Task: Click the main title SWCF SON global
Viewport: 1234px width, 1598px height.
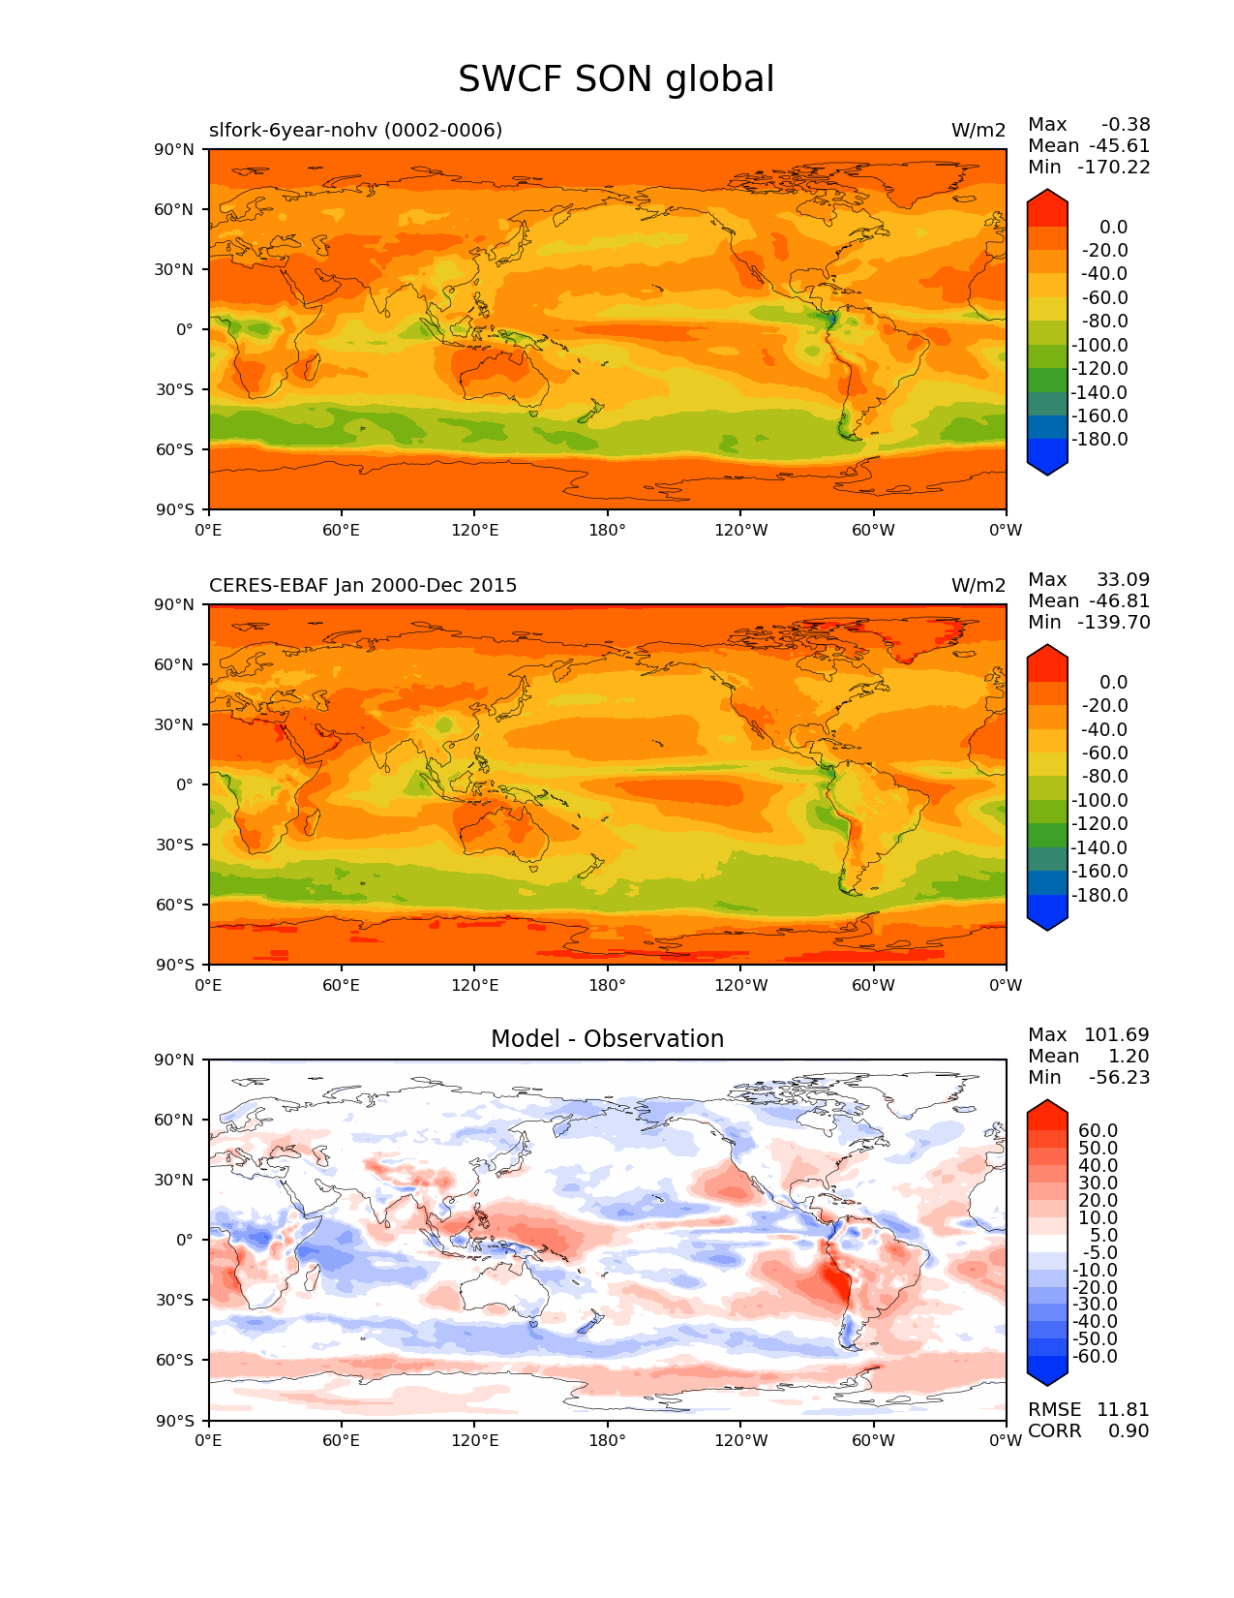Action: coord(616,79)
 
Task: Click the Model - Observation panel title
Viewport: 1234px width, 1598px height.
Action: coord(607,1039)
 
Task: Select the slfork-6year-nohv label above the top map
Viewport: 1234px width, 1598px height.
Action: coord(355,130)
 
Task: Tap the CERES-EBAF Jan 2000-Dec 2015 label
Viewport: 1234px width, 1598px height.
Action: coord(363,586)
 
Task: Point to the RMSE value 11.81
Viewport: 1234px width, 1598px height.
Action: coord(1123,1409)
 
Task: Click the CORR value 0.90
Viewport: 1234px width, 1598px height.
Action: coord(1129,1430)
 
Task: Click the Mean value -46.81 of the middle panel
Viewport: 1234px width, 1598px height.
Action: coord(1119,601)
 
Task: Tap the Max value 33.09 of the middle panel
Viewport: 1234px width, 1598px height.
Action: coord(1123,580)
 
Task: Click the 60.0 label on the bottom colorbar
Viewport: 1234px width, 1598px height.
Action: coord(1098,1131)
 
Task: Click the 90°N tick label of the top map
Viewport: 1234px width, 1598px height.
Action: coord(174,149)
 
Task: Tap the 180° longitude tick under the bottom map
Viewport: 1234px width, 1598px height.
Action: coord(607,1440)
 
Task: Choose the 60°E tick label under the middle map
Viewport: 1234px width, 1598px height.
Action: coord(342,985)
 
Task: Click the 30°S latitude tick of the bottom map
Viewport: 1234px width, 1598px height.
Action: coord(174,1300)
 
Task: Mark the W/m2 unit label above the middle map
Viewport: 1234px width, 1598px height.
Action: coord(978,586)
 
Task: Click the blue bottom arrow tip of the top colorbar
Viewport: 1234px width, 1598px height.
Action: coord(1047,470)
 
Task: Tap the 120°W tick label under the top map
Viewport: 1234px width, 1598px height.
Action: coord(740,530)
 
